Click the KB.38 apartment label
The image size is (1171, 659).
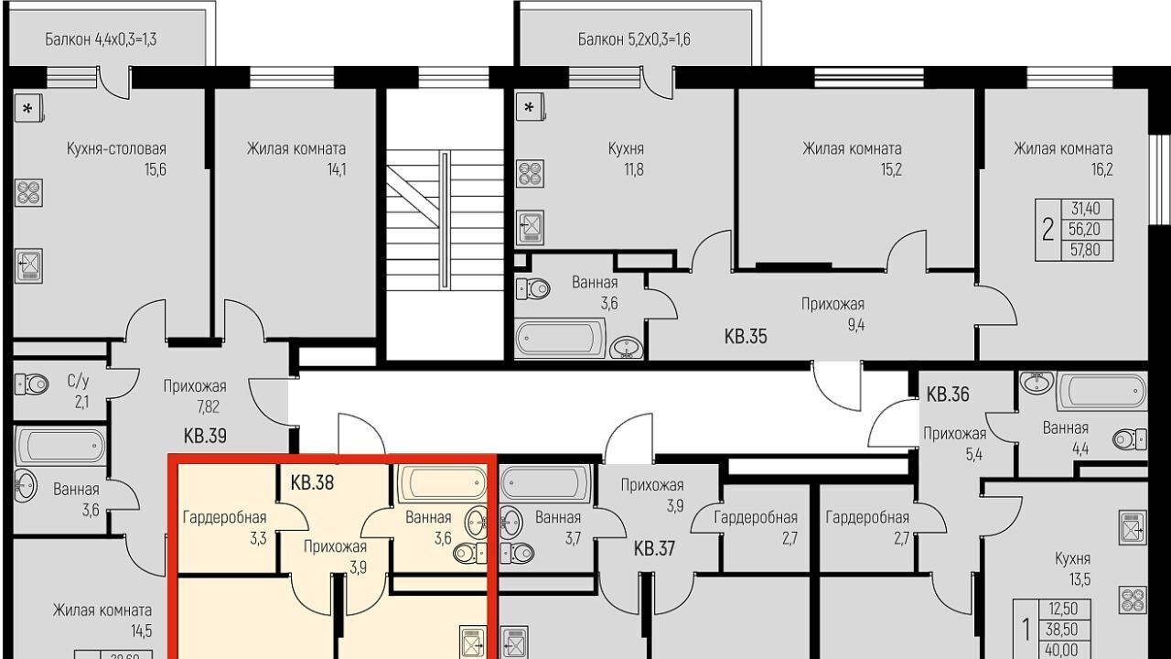click(312, 482)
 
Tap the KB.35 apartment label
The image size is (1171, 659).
click(746, 336)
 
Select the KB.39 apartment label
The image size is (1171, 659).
click(205, 435)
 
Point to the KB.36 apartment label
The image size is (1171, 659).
click(948, 394)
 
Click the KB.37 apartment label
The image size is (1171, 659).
click(654, 548)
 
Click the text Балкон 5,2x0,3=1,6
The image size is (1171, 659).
click(634, 39)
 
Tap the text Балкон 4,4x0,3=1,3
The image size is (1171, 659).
click(101, 39)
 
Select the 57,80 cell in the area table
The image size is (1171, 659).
click(1085, 250)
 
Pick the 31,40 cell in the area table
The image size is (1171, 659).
click(1085, 209)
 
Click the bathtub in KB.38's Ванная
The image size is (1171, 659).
click(442, 483)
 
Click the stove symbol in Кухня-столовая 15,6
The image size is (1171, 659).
click(28, 193)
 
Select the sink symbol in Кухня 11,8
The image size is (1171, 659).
click(530, 228)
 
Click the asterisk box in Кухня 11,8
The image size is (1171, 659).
click(529, 108)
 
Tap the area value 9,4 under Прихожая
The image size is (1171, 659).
click(855, 325)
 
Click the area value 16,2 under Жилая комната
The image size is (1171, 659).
click(1101, 169)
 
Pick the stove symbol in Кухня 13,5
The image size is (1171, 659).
click(1133, 600)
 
